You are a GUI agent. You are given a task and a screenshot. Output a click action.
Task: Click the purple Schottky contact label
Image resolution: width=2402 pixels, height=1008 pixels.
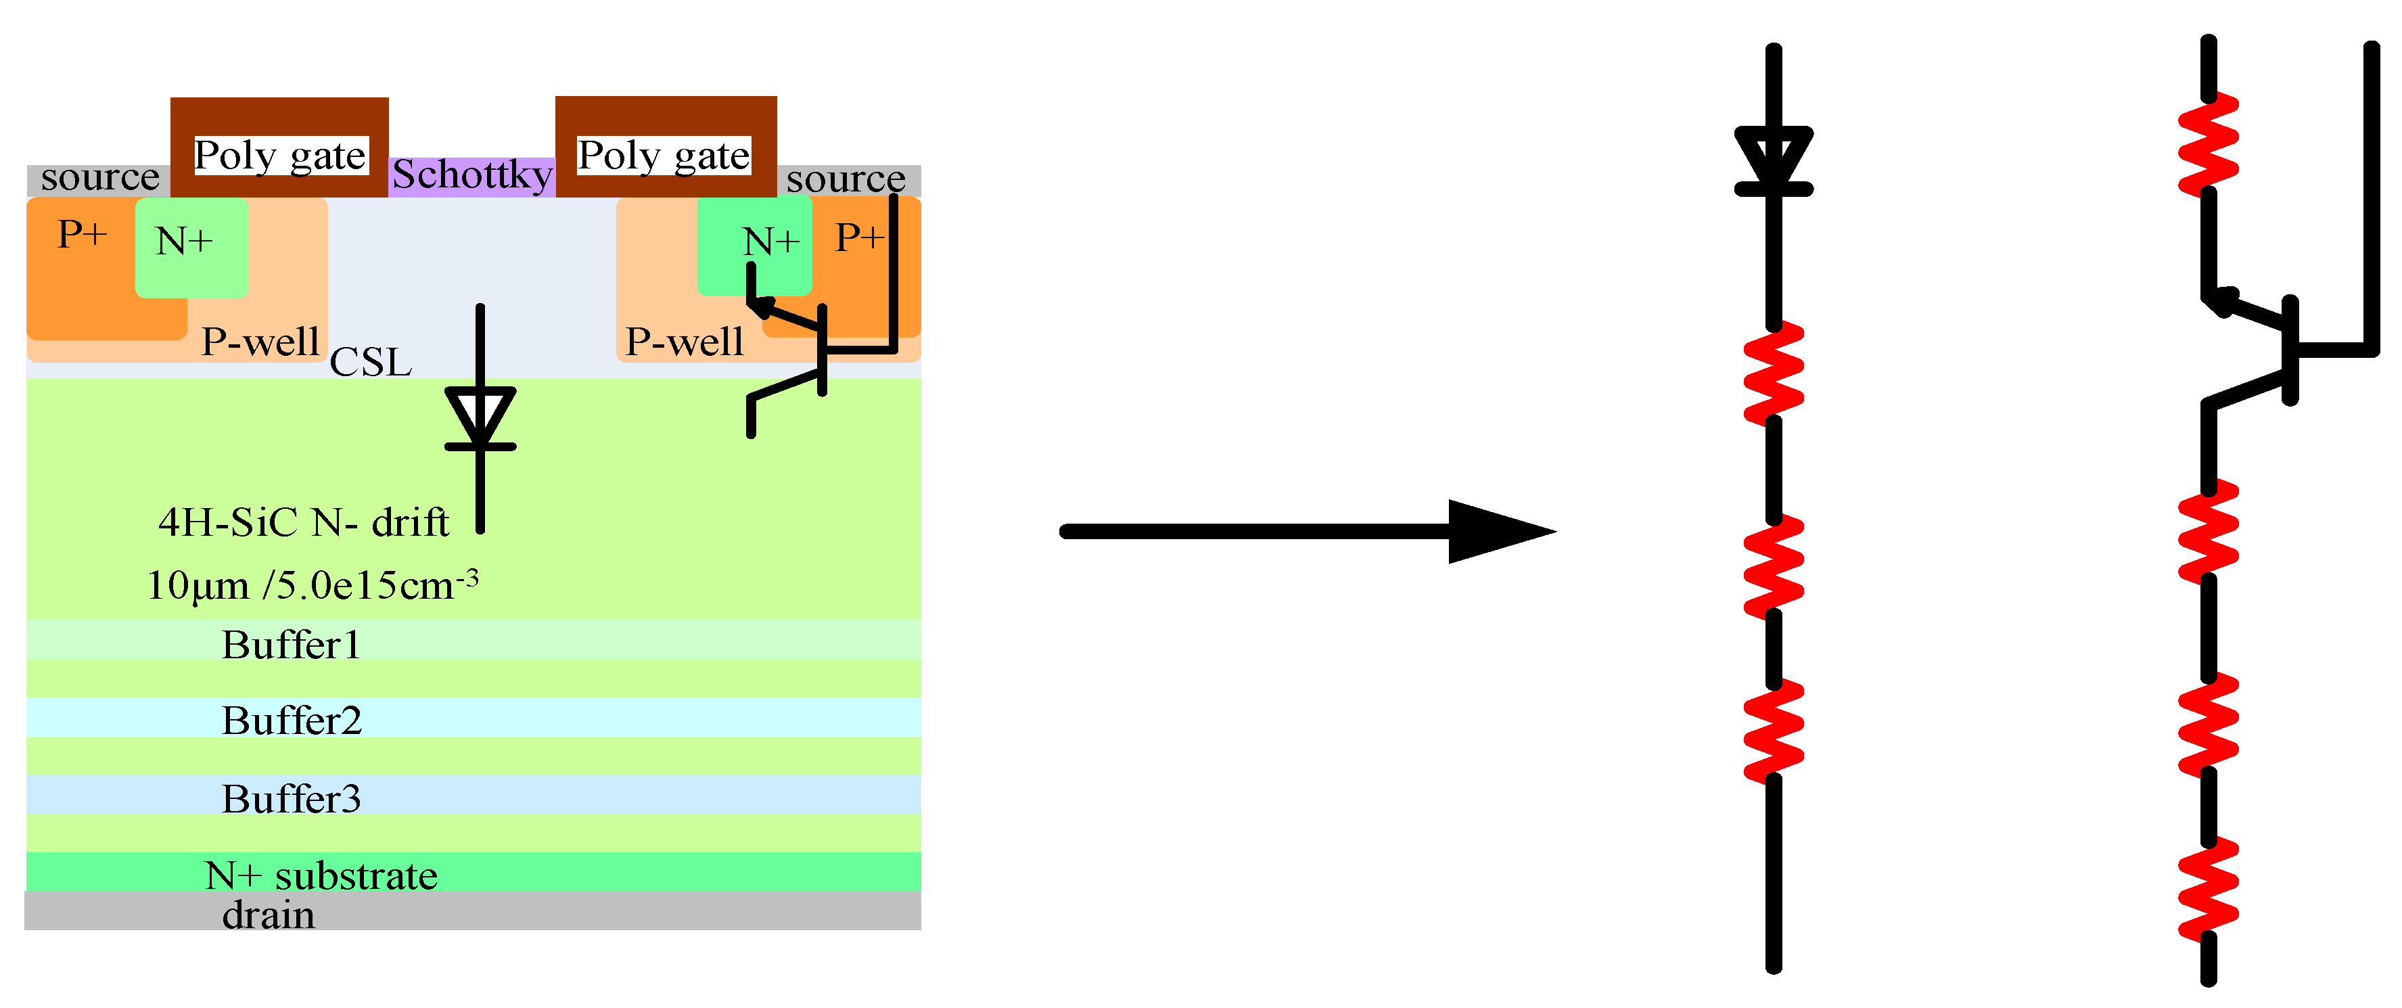[x=472, y=175]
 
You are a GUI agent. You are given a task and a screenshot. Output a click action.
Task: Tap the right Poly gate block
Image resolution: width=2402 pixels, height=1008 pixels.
[x=665, y=147]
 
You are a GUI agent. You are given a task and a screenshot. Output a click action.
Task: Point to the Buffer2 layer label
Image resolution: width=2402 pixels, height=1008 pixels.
[x=291, y=720]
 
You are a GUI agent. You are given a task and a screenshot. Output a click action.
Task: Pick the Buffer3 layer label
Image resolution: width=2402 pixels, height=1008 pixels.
[x=291, y=799]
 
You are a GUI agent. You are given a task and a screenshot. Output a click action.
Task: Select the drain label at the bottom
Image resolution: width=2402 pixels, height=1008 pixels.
[x=269, y=915]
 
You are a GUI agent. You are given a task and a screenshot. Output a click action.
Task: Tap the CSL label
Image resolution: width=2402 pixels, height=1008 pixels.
[x=370, y=363]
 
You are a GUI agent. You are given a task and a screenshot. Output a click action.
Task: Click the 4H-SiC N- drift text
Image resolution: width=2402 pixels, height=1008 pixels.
[x=304, y=522]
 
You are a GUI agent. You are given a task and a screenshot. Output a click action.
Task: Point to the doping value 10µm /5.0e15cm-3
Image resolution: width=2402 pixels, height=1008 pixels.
[x=313, y=585]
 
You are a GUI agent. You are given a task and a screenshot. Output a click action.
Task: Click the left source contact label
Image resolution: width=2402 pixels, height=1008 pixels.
[x=99, y=177]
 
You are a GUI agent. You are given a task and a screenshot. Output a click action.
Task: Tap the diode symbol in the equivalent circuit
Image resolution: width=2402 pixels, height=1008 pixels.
[x=1774, y=160]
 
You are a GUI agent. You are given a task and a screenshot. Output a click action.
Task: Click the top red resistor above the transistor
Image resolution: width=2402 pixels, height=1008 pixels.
[x=2208, y=145]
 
